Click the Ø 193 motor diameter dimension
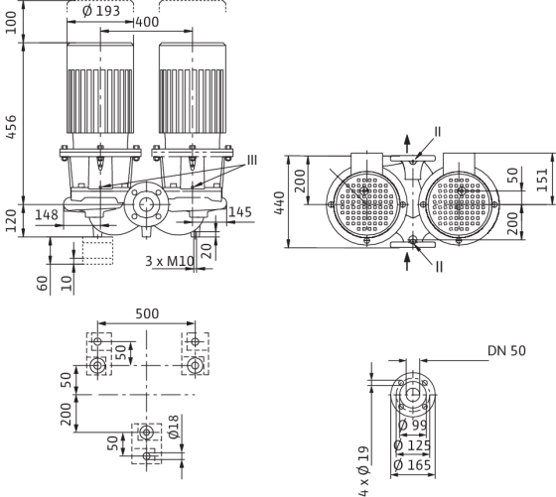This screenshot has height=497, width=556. tap(101, 11)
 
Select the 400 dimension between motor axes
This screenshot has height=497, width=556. tap(147, 22)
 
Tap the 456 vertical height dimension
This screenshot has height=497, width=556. tap(11, 126)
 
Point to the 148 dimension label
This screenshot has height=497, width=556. tap(47, 214)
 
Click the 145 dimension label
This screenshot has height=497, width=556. tap(240, 212)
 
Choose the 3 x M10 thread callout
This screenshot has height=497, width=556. tap(170, 261)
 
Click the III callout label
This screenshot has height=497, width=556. tap(252, 160)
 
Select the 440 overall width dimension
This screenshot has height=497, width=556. tap(280, 203)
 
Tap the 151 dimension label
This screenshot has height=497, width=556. tap(542, 180)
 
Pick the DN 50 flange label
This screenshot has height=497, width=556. tap(506, 350)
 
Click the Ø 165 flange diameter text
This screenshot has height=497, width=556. tap(412, 465)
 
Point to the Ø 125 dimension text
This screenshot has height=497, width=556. tap(412, 445)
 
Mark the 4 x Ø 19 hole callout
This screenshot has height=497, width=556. tap(363, 471)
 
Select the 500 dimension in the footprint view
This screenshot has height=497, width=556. tap(147, 313)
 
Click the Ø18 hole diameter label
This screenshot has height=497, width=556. tap(174, 427)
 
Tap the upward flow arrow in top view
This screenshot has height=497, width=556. tap(407, 144)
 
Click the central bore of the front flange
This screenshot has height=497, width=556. tap(145, 204)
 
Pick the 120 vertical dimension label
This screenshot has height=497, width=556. tap(11, 220)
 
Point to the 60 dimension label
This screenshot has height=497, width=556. tap(42, 284)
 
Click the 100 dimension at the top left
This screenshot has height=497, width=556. tap(11, 22)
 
